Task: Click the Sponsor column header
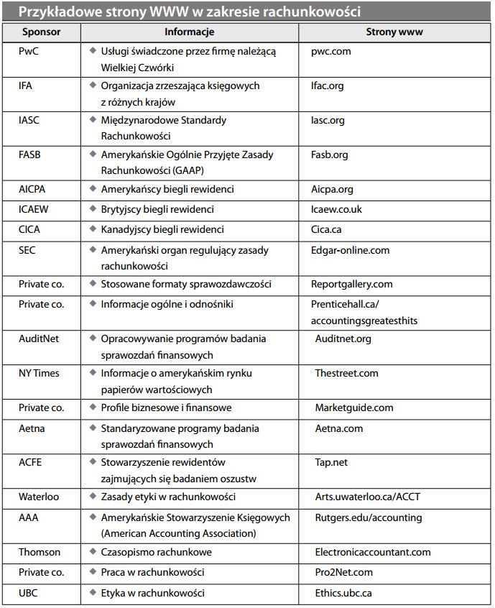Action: [x=41, y=32]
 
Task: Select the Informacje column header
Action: [x=189, y=32]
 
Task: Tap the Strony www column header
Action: [x=394, y=32]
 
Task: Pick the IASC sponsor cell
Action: [x=29, y=120]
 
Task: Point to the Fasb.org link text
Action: [x=330, y=155]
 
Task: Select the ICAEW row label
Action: [x=34, y=210]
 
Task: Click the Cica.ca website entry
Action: [x=327, y=230]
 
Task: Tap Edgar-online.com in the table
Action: [x=351, y=250]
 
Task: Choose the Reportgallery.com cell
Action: [x=352, y=285]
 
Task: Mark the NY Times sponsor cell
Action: [x=39, y=373]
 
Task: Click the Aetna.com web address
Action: [x=339, y=428]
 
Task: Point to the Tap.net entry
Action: [x=331, y=462]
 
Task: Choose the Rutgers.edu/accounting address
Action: [x=369, y=517]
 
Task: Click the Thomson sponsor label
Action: [x=40, y=552]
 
